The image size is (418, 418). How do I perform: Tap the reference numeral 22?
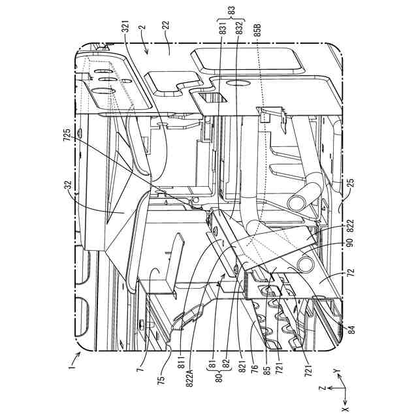166,28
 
